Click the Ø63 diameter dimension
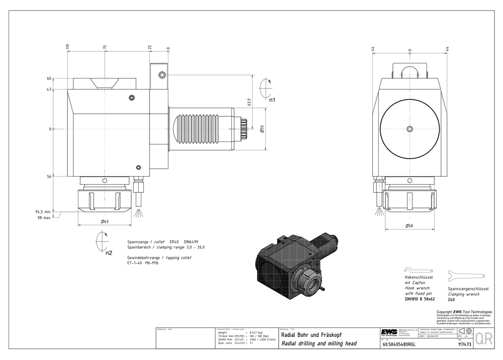(x=105, y=222)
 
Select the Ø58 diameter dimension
(x=410, y=226)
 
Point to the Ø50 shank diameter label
(x=262, y=129)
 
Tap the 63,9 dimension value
(x=249, y=102)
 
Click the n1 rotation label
(x=272, y=100)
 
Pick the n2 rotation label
(x=109, y=253)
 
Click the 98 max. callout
(x=44, y=218)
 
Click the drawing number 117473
(x=464, y=345)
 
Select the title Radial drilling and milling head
(x=318, y=343)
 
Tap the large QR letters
(x=484, y=339)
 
